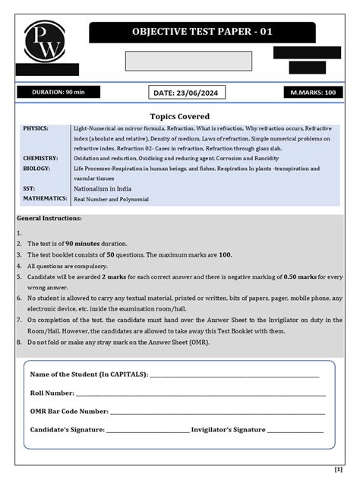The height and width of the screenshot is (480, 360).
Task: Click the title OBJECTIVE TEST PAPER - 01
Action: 202,32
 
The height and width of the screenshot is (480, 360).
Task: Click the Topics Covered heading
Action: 179,116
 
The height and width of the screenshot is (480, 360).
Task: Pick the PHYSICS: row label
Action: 36,128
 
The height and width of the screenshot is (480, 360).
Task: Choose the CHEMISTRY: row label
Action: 39,158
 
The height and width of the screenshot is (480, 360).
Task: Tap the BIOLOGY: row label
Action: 36,168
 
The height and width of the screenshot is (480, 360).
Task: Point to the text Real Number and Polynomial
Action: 111,199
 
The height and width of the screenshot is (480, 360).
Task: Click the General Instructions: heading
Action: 49,219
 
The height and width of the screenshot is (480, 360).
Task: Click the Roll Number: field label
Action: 52,393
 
